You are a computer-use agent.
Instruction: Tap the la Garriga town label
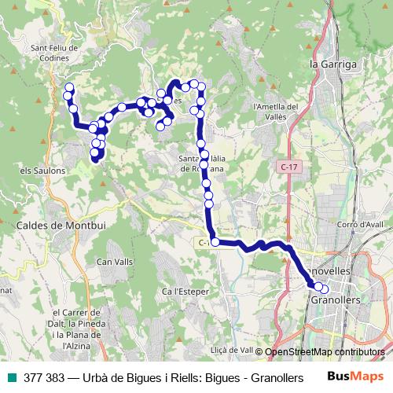click(x=333, y=64)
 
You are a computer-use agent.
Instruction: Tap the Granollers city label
click(x=336, y=300)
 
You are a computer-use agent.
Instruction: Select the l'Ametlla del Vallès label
click(x=275, y=111)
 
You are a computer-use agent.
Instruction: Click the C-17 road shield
click(x=288, y=167)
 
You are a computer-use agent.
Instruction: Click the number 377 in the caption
click(x=34, y=376)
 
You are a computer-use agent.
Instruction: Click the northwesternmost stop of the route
click(x=69, y=87)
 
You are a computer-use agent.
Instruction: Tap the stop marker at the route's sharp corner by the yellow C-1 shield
click(x=215, y=242)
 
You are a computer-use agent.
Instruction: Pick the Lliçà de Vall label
click(x=230, y=350)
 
